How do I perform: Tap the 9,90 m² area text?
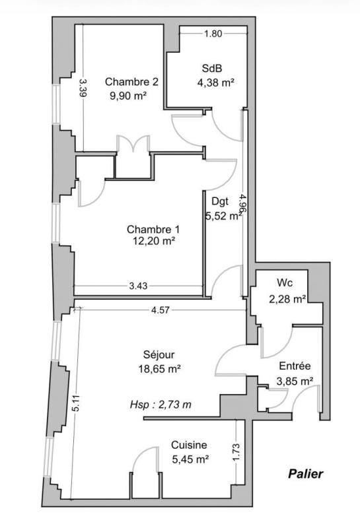[x=128, y=96]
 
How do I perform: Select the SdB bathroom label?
[x=212, y=69]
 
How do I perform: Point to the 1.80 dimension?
[x=213, y=34]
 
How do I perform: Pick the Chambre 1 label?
[x=153, y=230]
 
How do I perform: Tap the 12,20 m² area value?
[x=154, y=241]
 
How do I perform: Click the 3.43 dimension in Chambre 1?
[x=138, y=286]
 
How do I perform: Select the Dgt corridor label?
[x=220, y=201]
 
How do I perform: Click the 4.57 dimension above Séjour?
[x=160, y=310]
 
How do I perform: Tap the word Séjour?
[x=159, y=354]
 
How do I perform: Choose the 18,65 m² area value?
[x=159, y=369]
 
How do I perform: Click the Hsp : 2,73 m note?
[x=161, y=405]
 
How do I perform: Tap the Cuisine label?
[x=189, y=445]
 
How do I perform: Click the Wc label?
[x=285, y=283]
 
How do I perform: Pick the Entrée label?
[x=295, y=366]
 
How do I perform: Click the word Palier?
[x=305, y=474]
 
